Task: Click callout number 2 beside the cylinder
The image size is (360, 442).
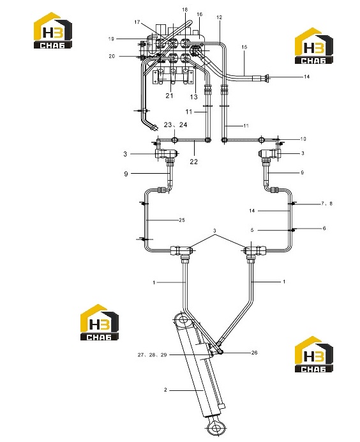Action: click(x=165, y=390)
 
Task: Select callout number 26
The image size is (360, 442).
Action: click(x=254, y=353)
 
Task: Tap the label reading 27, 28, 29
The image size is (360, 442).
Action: click(x=152, y=355)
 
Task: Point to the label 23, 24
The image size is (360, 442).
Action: click(x=176, y=125)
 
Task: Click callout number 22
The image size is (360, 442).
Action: click(x=193, y=162)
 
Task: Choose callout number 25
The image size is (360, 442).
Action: click(x=182, y=220)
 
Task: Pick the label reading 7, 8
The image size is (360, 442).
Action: click(x=327, y=204)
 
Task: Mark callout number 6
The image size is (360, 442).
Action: click(x=324, y=228)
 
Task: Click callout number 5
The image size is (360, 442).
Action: click(x=252, y=231)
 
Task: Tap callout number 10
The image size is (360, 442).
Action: click(x=303, y=139)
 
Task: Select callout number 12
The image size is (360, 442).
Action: click(x=219, y=17)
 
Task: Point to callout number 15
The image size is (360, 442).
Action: click(x=244, y=47)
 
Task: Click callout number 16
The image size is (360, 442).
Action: click(x=199, y=15)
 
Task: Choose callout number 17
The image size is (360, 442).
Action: click(x=137, y=22)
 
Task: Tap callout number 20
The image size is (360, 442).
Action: click(x=112, y=56)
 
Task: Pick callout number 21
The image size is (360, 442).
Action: click(x=169, y=96)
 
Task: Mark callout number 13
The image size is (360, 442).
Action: click(x=194, y=97)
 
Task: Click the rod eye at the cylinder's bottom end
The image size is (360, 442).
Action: click(x=216, y=429)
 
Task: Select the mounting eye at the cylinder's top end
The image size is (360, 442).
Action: click(x=183, y=320)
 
